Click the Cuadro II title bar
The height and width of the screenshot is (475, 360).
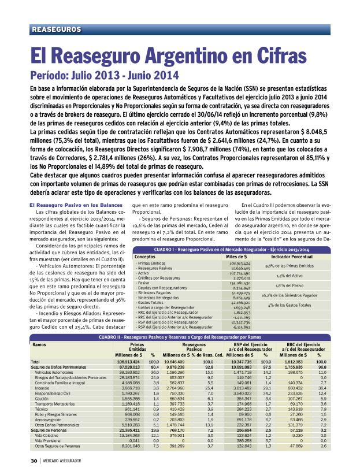click(180, 336)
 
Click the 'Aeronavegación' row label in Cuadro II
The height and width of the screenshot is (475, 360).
click(50, 420)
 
